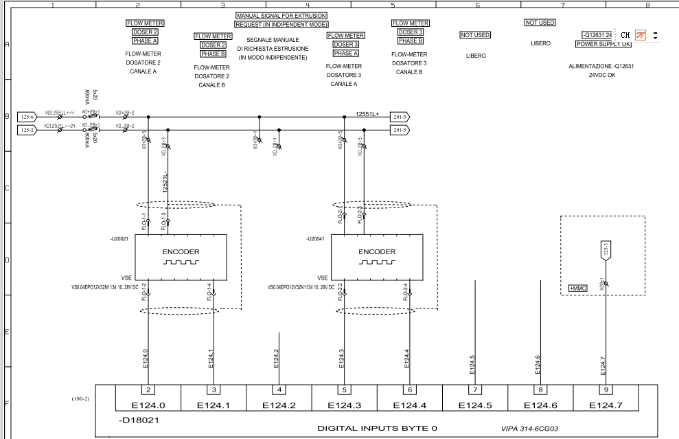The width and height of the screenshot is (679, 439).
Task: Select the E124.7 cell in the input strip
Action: [605, 405]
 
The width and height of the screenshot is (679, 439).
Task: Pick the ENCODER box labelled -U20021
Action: [181, 257]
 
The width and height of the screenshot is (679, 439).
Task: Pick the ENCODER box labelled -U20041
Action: [377, 257]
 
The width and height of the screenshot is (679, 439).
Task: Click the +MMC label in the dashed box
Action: [577, 288]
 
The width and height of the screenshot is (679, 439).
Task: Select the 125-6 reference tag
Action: [27, 117]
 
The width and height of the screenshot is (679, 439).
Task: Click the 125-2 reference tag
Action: [27, 129]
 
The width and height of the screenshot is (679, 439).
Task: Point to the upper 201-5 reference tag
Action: [399, 117]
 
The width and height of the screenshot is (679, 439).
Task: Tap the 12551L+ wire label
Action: [367, 113]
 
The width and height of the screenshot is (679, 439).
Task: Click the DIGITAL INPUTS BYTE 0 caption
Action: [377, 428]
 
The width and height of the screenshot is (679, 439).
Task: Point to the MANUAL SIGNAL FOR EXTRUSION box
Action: [281, 15]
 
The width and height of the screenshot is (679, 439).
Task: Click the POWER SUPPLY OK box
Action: [603, 45]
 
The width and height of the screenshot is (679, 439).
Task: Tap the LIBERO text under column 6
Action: [476, 56]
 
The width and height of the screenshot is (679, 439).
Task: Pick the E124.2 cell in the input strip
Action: [279, 405]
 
